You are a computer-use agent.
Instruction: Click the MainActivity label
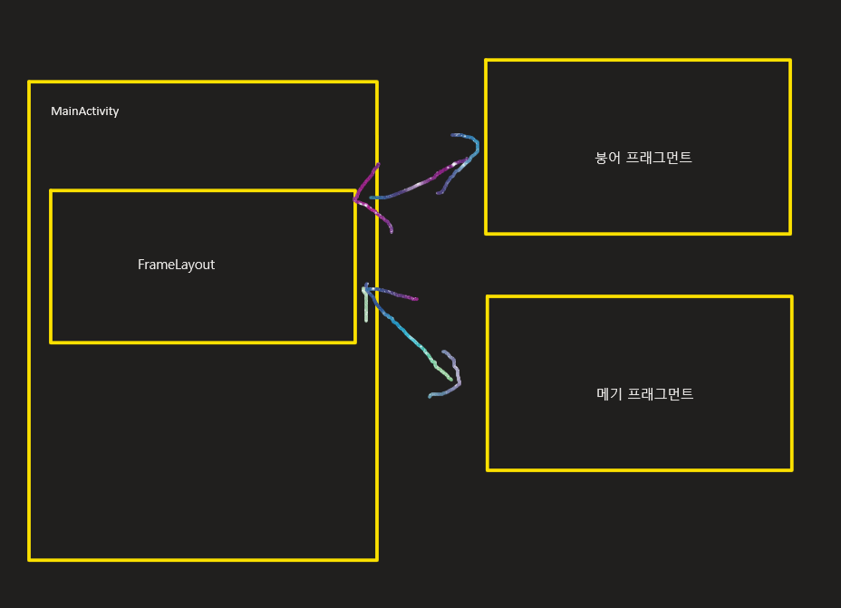[84, 111]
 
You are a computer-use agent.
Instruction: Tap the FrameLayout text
[176, 265]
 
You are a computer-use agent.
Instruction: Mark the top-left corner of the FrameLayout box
[51, 191]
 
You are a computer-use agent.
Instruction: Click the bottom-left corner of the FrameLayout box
[51, 342]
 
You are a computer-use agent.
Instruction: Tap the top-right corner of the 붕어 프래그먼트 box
[789, 61]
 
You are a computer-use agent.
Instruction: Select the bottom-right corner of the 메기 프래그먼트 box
[791, 469]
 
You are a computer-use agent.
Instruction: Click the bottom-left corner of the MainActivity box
[30, 559]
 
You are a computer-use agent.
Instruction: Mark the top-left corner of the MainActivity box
[30, 82]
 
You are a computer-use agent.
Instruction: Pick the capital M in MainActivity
[55, 111]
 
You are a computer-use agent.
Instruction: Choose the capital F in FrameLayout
[141, 265]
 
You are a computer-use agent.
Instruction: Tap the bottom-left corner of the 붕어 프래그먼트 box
[487, 233]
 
